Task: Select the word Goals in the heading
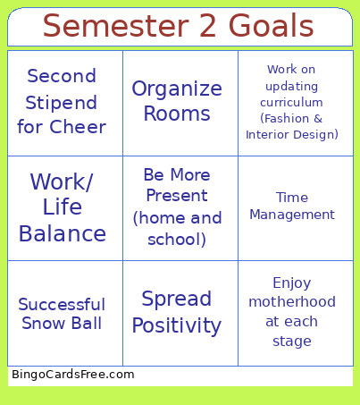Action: (270, 26)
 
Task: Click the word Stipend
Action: (62, 101)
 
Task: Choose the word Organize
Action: (177, 89)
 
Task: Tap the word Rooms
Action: (177, 114)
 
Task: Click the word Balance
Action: (63, 234)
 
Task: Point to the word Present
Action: (176, 195)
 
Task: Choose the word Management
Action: (292, 215)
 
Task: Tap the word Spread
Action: (177, 299)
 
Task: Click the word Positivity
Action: (177, 325)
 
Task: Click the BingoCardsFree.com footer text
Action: (73, 375)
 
